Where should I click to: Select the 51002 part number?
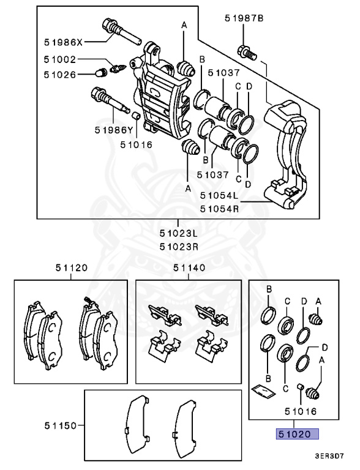[x=59, y=59]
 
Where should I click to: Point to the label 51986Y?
[x=114, y=130]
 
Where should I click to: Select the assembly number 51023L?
[x=179, y=233]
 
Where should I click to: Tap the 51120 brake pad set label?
[x=71, y=267]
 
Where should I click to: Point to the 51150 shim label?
[x=59, y=423]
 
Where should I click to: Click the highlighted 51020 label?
[x=296, y=435]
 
